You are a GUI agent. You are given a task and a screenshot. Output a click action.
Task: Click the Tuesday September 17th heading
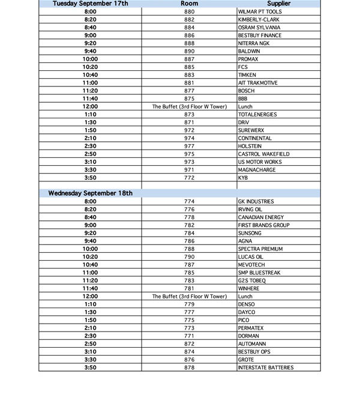click(x=91, y=4)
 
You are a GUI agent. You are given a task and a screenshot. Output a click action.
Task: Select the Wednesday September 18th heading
click(x=91, y=193)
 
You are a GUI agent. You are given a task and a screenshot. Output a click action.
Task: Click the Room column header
click(x=189, y=4)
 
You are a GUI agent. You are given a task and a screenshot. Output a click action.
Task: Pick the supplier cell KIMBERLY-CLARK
click(x=259, y=19)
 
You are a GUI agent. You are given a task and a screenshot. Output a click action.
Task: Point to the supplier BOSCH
click(x=247, y=91)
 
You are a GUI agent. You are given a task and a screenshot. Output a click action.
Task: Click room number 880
click(x=189, y=11)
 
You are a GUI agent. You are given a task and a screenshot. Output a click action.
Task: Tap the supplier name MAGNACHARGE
click(x=256, y=170)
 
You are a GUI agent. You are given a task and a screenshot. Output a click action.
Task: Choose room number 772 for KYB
click(x=189, y=178)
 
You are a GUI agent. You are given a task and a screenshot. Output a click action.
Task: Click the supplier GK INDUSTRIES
click(x=256, y=201)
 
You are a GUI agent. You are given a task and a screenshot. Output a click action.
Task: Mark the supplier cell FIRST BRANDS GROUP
click(x=263, y=225)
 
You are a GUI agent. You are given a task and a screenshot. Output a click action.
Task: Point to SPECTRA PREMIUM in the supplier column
click(x=260, y=249)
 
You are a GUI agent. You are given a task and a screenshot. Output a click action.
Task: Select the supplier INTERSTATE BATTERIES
click(x=266, y=368)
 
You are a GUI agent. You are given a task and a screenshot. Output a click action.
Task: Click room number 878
click(x=189, y=368)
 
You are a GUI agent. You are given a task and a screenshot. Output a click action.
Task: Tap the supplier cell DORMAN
click(x=249, y=336)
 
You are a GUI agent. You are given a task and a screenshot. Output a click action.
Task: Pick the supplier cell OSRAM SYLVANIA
click(x=258, y=27)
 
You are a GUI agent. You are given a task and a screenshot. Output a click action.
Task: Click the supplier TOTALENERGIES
click(x=257, y=114)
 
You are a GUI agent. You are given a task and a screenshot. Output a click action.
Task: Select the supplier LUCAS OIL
click(x=250, y=256)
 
